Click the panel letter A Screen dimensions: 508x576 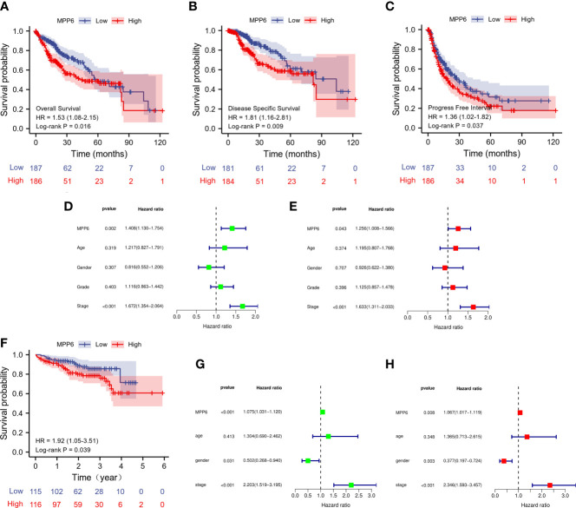pos(7,8)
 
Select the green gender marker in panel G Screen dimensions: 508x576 pos(308,437)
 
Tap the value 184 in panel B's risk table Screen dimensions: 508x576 pos(229,182)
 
